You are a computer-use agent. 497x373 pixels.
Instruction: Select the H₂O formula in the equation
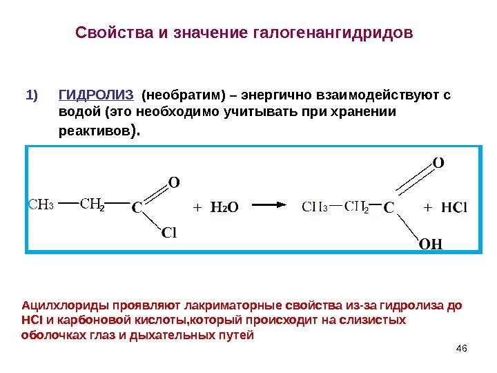224,206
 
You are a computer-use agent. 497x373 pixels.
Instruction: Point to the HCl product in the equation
454,206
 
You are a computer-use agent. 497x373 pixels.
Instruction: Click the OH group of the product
431,245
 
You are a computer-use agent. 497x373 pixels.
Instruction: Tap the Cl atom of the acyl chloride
169,233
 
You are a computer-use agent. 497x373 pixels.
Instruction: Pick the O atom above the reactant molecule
174,182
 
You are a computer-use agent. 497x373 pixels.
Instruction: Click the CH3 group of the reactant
41,204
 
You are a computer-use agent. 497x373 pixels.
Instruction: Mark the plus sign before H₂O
198,206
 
